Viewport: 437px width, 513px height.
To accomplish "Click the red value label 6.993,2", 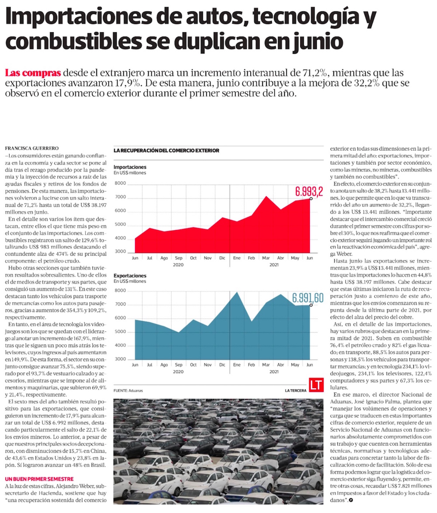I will tap(309, 191).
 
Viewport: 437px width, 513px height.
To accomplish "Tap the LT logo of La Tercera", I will tap(316, 385).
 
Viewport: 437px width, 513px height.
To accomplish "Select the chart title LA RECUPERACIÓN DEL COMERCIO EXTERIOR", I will tap(166, 151).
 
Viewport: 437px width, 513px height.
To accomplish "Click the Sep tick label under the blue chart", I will tap(178, 365).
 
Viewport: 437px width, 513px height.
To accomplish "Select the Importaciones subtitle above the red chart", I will tap(130, 167).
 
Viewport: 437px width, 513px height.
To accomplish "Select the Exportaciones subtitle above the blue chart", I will tap(130, 276).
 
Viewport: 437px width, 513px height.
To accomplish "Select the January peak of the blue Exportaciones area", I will tap(237, 293).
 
